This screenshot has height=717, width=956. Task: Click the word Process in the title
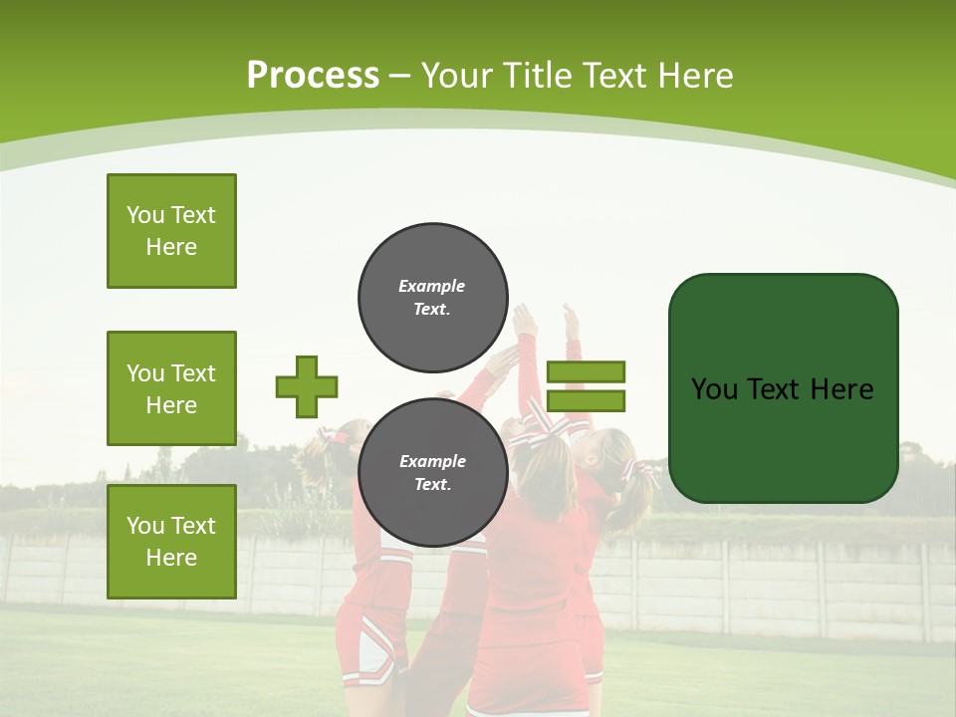[x=313, y=76]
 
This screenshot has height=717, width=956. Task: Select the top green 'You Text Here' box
[x=171, y=231]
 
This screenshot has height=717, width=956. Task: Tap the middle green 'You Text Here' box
[x=171, y=388]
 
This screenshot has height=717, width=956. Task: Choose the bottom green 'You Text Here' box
[x=171, y=542]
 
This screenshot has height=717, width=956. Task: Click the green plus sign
[x=307, y=386]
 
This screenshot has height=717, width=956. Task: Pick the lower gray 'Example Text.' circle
[x=432, y=473]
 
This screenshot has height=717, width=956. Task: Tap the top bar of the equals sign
[x=586, y=371]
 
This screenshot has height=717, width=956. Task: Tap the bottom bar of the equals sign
[x=586, y=400]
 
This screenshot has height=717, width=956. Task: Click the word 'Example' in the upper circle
[x=432, y=286]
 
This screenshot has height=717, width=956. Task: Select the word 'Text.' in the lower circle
[x=432, y=485]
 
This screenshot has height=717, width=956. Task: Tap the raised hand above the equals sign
[x=571, y=321]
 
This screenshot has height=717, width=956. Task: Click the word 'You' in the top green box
[x=145, y=215]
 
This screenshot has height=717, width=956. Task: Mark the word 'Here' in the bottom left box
[x=171, y=558]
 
